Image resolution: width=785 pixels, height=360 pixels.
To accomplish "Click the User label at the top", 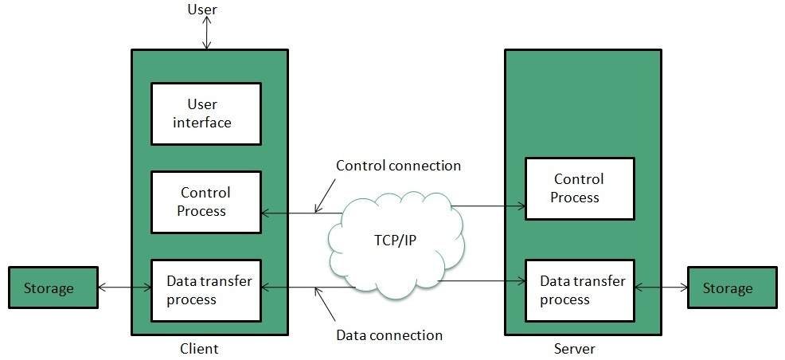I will [x=202, y=10].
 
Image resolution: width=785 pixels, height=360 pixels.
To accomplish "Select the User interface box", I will [x=206, y=113].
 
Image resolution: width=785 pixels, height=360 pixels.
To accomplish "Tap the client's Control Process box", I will [x=206, y=202].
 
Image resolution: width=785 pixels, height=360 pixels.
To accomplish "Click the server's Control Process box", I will [x=579, y=188].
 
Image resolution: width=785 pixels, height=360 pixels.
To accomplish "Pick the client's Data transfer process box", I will [x=206, y=290].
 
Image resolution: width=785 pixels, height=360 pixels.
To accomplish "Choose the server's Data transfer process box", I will [x=579, y=290].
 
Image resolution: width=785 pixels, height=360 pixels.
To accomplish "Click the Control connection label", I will [x=398, y=166].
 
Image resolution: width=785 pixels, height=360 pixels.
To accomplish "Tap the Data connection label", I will [x=389, y=335].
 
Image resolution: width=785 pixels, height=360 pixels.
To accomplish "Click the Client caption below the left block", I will [x=199, y=349].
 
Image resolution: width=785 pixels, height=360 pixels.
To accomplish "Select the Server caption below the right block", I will [x=574, y=349].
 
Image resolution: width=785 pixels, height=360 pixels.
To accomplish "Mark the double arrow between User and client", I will [x=207, y=33].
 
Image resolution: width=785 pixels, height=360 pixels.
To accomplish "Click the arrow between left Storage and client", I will [x=124, y=288].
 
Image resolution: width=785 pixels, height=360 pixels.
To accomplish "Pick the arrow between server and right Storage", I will [x=662, y=288].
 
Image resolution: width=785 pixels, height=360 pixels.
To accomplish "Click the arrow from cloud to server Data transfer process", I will [x=482, y=281].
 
